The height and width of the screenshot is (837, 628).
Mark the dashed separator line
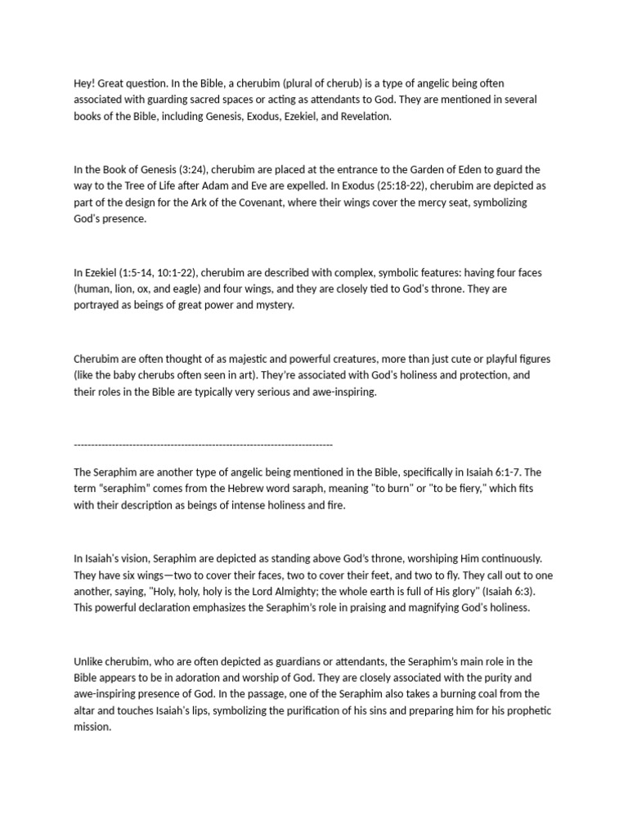coord(203,444)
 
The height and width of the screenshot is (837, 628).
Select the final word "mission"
coord(92,727)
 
